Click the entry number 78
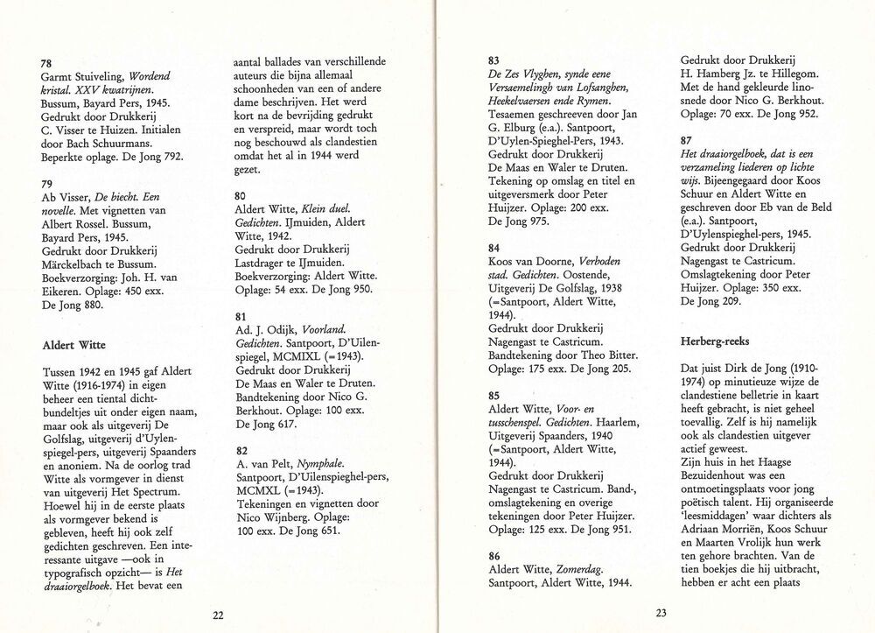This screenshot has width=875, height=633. (48, 62)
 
